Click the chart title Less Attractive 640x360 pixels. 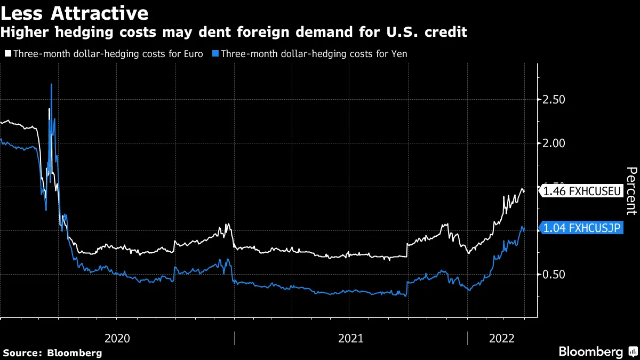click(75, 12)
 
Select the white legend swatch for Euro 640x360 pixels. click(7, 54)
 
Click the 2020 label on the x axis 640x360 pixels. click(117, 338)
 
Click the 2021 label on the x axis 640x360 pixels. click(350, 338)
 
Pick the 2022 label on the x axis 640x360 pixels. click(501, 338)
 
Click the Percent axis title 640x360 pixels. click(631, 190)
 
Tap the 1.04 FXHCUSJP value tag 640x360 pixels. click(581, 228)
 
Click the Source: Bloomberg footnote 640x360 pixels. click(52, 353)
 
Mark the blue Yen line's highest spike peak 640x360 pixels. click(51, 84)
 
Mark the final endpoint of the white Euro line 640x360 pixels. click(524, 191)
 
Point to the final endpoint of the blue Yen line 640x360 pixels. click(524, 229)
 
